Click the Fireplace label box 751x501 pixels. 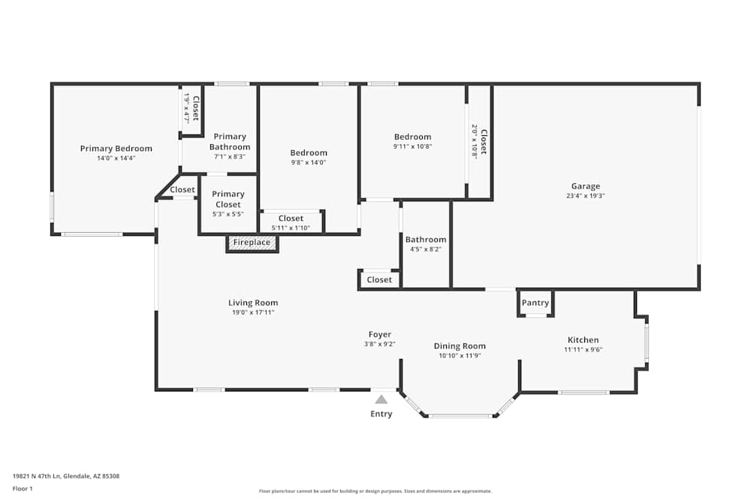pyautogui.click(x=252, y=243)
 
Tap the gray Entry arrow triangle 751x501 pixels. pyautogui.click(x=382, y=400)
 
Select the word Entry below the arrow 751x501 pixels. pyautogui.click(x=382, y=414)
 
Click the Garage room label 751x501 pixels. pyautogui.click(x=585, y=186)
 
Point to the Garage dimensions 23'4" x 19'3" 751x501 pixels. pyautogui.click(x=585, y=195)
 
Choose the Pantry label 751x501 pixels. pyautogui.click(x=535, y=303)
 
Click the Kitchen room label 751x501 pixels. pyautogui.click(x=583, y=340)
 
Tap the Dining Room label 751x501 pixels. pyautogui.click(x=460, y=346)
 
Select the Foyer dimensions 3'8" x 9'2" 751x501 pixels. pyautogui.click(x=379, y=344)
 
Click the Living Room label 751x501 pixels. pyautogui.click(x=253, y=303)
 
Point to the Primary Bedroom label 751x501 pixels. pyautogui.click(x=116, y=149)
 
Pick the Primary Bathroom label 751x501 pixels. pyautogui.click(x=230, y=141)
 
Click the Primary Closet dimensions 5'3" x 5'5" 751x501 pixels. pyautogui.click(x=228, y=214)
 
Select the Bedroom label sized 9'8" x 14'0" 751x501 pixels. pyautogui.click(x=309, y=153)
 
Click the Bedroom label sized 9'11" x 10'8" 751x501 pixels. pyautogui.click(x=413, y=137)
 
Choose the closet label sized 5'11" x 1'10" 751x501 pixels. pyautogui.click(x=291, y=219)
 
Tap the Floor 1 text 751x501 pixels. pyautogui.click(x=23, y=488)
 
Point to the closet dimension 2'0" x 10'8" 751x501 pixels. pyautogui.click(x=475, y=140)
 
